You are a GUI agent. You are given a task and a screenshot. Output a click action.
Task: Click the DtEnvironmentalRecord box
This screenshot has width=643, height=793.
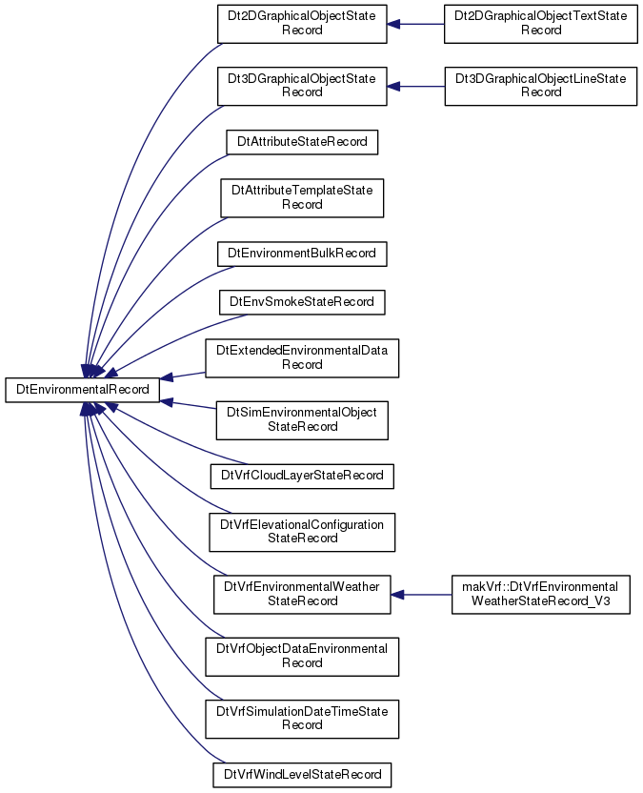click(x=82, y=390)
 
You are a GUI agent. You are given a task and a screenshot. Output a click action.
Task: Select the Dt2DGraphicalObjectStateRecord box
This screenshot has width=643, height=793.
click(x=302, y=24)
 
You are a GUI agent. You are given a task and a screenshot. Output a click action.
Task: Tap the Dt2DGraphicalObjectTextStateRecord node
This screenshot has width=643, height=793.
click(x=541, y=24)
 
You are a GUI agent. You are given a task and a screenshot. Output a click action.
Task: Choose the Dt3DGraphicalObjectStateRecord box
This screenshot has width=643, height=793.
click(x=302, y=87)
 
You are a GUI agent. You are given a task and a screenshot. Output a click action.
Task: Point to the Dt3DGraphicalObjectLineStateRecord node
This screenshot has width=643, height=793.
click(x=541, y=87)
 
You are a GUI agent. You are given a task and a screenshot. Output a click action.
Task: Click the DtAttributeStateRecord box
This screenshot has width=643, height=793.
click(x=302, y=142)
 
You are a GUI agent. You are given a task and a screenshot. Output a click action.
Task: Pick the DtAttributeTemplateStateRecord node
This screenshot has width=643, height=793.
click(x=302, y=198)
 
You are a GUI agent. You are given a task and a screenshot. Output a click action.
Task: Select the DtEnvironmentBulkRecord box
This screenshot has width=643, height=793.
click(x=302, y=254)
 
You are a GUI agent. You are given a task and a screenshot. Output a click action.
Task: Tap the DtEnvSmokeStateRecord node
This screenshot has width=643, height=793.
click(x=302, y=302)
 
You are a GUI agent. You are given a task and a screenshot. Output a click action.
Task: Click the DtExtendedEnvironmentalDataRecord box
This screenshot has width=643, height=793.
click(x=302, y=358)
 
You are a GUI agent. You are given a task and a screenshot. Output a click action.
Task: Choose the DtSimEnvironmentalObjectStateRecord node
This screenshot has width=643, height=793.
click(x=302, y=420)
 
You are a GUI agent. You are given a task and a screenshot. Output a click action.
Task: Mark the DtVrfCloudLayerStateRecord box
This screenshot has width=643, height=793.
click(x=302, y=476)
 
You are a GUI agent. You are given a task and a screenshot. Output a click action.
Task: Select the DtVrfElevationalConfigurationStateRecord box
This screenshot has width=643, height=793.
click(x=302, y=532)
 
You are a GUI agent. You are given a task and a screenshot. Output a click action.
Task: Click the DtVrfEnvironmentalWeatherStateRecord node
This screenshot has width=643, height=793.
click(x=302, y=595)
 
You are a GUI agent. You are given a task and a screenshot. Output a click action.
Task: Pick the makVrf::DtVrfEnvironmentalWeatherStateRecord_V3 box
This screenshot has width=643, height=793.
click(x=541, y=595)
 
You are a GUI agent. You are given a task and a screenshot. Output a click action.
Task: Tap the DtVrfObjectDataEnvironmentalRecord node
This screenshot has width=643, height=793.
click(x=302, y=657)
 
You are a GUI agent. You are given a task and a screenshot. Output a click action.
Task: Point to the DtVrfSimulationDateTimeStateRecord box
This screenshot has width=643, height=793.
click(x=302, y=719)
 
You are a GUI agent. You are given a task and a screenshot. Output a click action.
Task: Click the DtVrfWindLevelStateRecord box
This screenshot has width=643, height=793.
click(x=302, y=775)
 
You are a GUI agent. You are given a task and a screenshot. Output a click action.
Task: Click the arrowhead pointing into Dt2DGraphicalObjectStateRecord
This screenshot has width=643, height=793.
click(x=394, y=24)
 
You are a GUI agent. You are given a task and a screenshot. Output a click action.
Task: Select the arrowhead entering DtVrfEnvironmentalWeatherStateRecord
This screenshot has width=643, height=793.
click(x=398, y=595)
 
